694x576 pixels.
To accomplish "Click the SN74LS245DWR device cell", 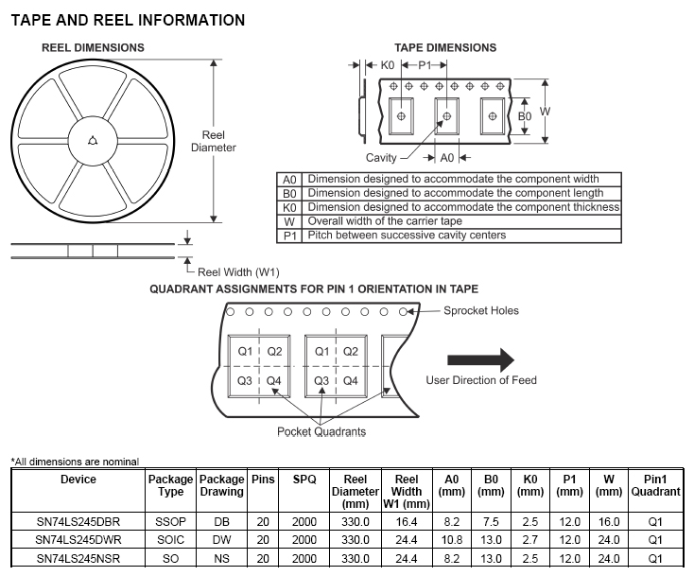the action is pos(78,540).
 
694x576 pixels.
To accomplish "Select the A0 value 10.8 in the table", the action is pos(451,540).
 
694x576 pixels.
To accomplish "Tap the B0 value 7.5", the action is pos(491,521).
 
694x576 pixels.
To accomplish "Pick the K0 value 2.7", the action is pos(530,540).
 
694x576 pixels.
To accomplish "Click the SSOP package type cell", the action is pos(170,521).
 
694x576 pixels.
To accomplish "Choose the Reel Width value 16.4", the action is pos(407,521).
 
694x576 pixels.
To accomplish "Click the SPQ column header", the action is pos(304,480).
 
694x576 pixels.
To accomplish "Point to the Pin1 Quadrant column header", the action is pos(655,485).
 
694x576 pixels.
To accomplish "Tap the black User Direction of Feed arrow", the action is pos(480,359).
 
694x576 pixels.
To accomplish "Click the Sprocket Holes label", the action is pos(481,311).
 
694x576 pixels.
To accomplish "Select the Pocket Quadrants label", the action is pos(321,431).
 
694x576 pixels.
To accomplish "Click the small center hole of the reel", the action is pos(93,141).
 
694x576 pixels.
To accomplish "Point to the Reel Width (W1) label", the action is pos(238,271).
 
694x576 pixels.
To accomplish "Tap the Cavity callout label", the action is pos(381,158).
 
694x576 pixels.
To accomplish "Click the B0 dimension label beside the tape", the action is pos(525,116).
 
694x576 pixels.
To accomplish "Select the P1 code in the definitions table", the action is pos(289,236).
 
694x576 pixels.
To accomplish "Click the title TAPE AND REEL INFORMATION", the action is pos(128,20).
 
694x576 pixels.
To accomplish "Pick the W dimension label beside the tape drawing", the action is pos(546,111).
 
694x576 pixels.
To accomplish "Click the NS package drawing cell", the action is pos(221,558).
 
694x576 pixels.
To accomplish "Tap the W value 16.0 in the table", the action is pos(609,521).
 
